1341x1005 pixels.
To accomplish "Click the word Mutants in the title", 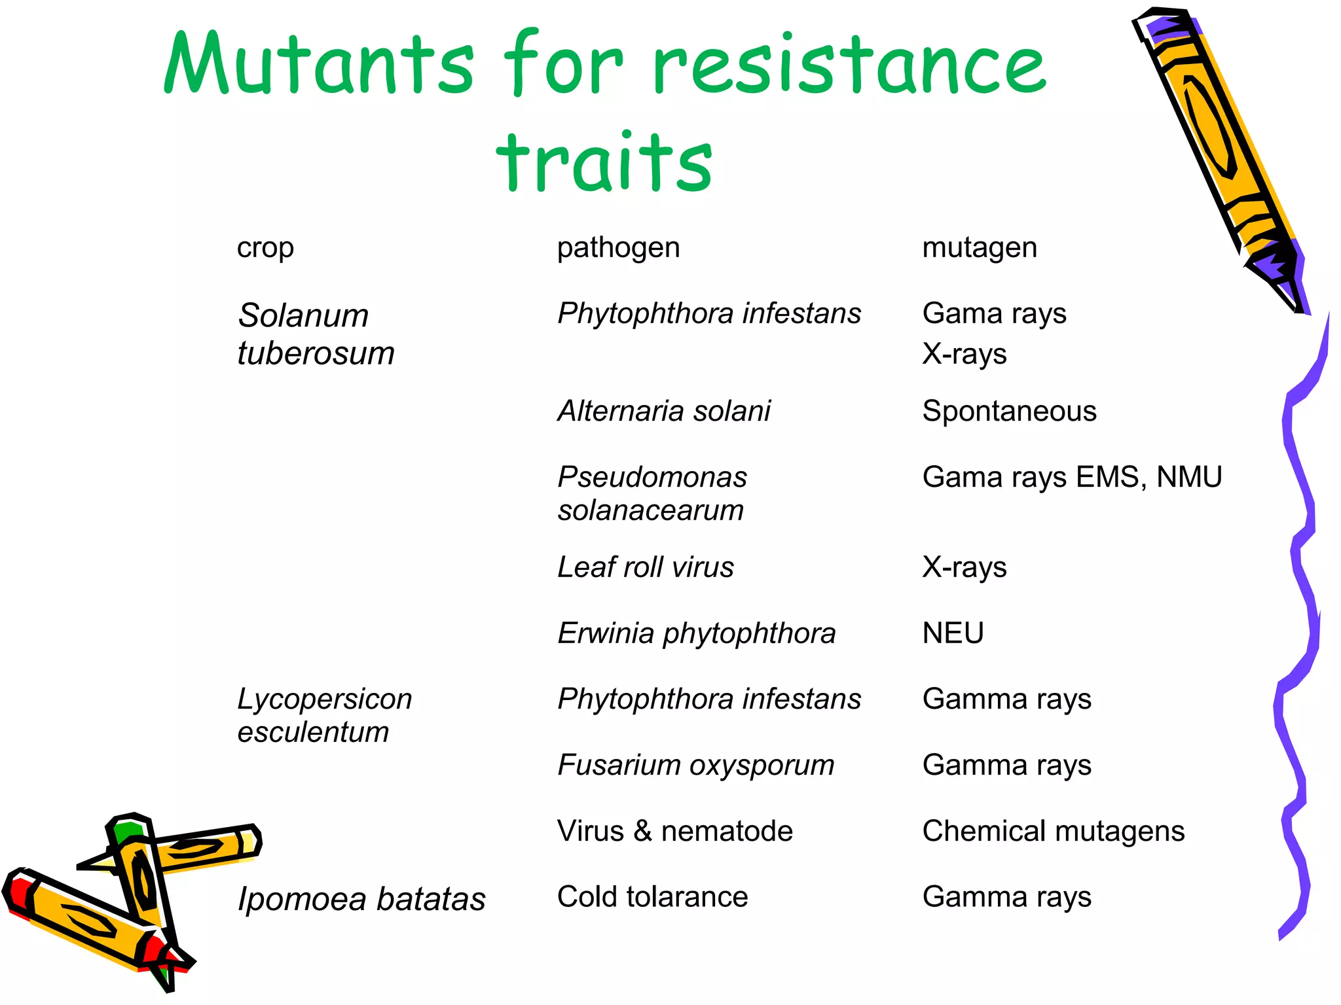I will (319, 64).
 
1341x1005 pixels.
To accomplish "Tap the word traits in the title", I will (604, 162).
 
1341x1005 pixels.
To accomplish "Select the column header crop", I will (265, 248).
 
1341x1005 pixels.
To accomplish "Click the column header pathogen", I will (618, 248).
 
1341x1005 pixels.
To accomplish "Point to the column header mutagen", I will (979, 248).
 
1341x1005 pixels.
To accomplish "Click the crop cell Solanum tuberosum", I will (316, 334).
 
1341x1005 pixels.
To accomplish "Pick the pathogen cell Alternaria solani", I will (664, 411).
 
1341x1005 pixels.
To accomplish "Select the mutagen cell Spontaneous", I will (1008, 411).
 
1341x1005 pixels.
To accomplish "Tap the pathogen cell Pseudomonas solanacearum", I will (652, 493).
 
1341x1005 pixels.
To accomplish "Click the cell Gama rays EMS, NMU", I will (1072, 477).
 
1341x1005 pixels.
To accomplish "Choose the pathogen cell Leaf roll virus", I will (646, 567).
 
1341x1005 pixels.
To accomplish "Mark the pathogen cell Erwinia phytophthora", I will (697, 633).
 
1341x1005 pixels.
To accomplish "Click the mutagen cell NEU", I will (953, 633).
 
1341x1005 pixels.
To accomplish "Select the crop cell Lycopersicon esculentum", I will (324, 715).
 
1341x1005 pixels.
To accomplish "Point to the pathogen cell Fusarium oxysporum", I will (696, 765).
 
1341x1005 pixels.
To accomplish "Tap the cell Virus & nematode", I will (674, 831).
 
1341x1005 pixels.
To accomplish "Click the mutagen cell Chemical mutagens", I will (1053, 831).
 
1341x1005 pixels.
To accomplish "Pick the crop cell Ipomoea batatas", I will (361, 898).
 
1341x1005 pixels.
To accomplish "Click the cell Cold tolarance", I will (652, 896).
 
